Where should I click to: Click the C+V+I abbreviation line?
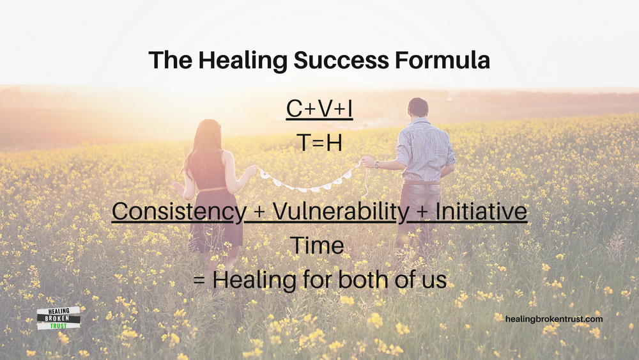[x=319, y=109]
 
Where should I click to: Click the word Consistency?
[x=177, y=212]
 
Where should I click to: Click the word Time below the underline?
[x=318, y=246]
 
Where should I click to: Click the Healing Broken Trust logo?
[x=58, y=318]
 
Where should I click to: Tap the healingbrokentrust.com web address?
[x=553, y=318]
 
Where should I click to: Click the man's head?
[x=418, y=109]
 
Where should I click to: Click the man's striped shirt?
[x=425, y=153]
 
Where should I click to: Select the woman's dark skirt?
[x=216, y=221]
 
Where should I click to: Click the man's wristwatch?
[x=377, y=164]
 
